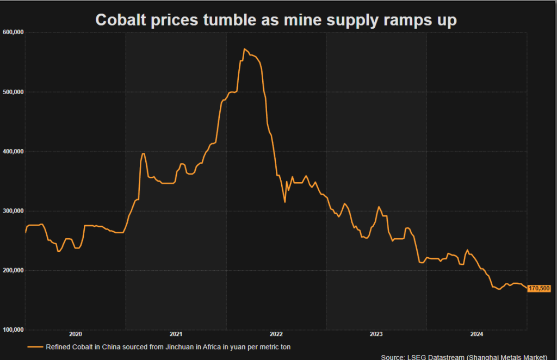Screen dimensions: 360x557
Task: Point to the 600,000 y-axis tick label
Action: (13, 33)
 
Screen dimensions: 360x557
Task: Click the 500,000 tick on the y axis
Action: (13, 92)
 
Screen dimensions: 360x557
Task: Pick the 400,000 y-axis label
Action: (13, 151)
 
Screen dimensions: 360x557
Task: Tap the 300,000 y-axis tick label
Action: (13, 211)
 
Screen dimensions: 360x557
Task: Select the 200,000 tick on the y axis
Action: (13, 270)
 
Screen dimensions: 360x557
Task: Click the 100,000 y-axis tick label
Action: (13, 330)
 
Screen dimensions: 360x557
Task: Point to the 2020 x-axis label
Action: (75, 334)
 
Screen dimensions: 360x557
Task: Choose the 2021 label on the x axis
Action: (176, 334)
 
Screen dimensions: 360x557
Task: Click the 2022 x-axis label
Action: (276, 334)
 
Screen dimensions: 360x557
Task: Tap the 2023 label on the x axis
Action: (376, 334)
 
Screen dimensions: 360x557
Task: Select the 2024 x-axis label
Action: (476, 334)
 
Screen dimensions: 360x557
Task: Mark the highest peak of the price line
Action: (245, 49)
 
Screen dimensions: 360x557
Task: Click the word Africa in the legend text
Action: (196, 346)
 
